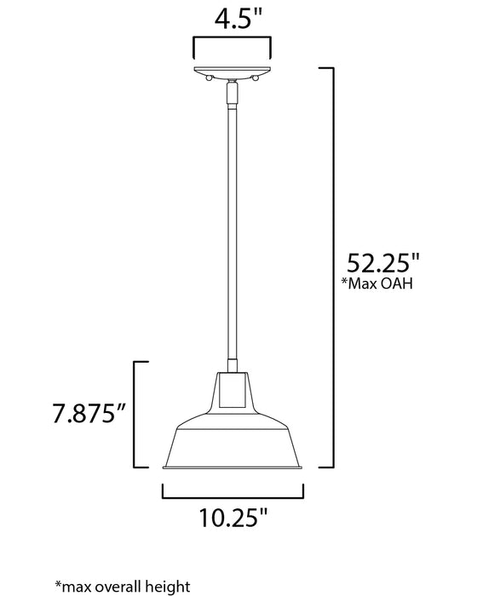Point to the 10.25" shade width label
(x=233, y=516)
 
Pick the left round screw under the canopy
(x=210, y=78)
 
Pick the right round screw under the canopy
(x=256, y=78)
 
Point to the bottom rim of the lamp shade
(x=233, y=467)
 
